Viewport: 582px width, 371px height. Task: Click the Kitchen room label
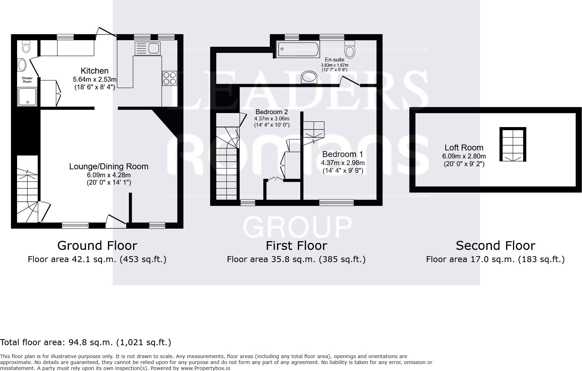tap(95, 71)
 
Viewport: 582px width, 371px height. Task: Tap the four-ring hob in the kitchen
tap(170, 78)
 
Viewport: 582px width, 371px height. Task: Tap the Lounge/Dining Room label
tap(109, 166)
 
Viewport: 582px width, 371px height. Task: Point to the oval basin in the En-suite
tap(309, 77)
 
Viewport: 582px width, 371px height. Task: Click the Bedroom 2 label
tap(272, 112)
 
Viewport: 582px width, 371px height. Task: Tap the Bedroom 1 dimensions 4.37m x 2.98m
tap(343, 163)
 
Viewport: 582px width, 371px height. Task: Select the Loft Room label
tap(464, 148)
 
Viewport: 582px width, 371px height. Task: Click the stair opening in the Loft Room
tap(513, 144)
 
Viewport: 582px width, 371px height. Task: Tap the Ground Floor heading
tap(97, 246)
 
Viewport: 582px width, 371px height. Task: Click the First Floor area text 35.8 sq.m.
tap(296, 259)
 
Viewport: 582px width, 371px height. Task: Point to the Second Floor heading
tap(495, 246)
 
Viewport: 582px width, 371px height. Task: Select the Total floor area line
tap(86, 342)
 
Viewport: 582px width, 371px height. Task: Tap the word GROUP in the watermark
tap(297, 227)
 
